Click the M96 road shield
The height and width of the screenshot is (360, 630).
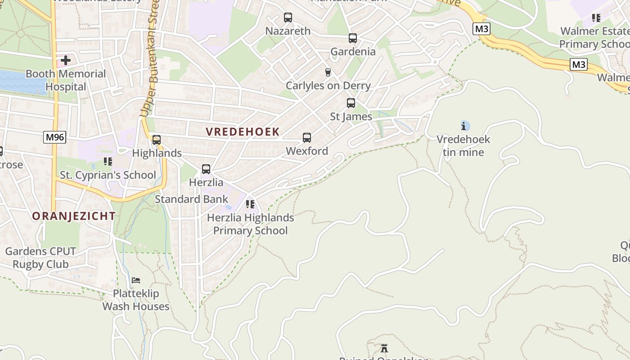click(x=55, y=137)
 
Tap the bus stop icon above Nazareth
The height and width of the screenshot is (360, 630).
click(x=288, y=18)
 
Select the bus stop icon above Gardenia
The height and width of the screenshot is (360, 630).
click(x=353, y=38)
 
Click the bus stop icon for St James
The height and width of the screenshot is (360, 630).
click(x=351, y=103)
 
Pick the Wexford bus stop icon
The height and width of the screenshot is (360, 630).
click(x=307, y=138)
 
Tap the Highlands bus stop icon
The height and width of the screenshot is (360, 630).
click(x=157, y=140)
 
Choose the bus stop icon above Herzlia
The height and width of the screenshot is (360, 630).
click(x=206, y=169)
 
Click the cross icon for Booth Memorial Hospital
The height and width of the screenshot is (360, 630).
click(x=66, y=60)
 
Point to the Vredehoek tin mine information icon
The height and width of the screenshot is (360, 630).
click(x=464, y=126)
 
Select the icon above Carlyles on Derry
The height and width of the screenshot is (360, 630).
click(x=328, y=72)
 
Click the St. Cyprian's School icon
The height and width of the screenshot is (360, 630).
click(x=108, y=161)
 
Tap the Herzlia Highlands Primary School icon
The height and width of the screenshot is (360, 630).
click(x=250, y=204)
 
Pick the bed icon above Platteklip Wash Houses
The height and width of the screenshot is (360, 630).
click(x=135, y=280)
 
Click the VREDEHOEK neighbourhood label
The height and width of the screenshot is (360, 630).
click(x=243, y=132)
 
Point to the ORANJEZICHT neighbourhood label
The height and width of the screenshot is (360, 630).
click(x=74, y=216)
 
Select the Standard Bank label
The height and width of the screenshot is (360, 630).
click(x=192, y=199)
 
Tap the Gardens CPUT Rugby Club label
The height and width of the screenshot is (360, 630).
click(x=40, y=258)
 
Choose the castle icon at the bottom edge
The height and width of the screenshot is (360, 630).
click(x=384, y=348)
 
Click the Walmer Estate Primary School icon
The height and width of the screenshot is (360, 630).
click(x=596, y=18)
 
